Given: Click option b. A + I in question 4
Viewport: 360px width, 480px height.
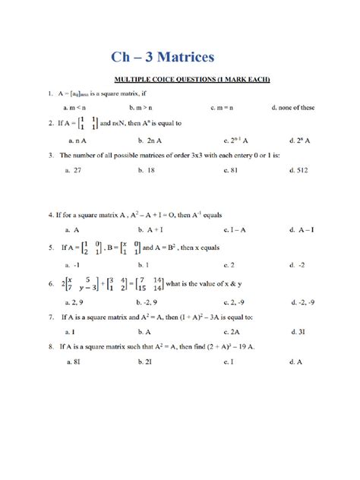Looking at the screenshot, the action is pos(153,229).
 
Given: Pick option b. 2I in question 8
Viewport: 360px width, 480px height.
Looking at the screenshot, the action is pos(146,362).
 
